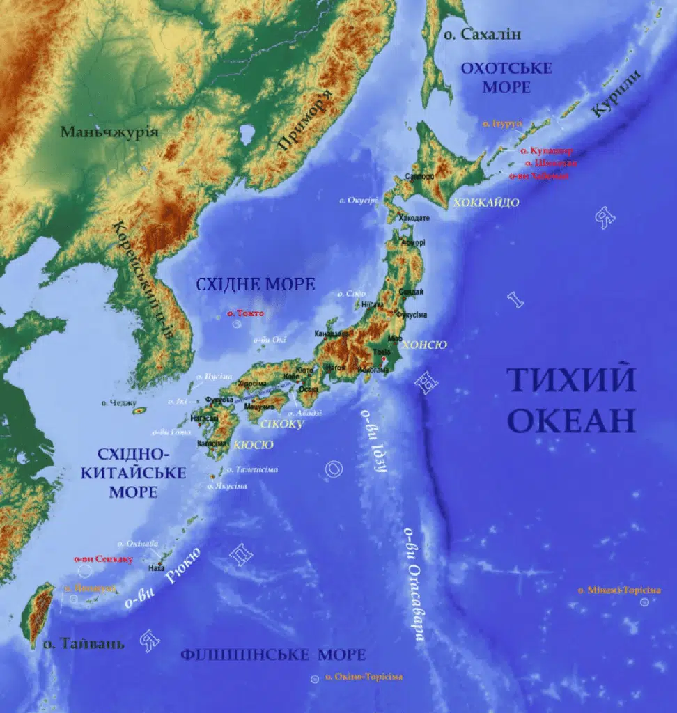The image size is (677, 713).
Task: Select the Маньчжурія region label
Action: click(x=109, y=132)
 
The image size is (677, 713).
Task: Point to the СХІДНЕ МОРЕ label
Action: click(x=255, y=284)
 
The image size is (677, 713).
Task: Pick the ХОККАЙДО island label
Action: click(x=486, y=203)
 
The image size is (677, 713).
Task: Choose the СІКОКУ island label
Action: click(x=281, y=423)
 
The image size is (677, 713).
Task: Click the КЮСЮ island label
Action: click(x=254, y=444)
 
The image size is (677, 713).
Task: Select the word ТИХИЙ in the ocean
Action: click(x=570, y=381)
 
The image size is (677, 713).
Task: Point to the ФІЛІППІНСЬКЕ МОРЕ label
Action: click(x=272, y=655)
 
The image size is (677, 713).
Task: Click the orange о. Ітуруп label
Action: click(x=501, y=123)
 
